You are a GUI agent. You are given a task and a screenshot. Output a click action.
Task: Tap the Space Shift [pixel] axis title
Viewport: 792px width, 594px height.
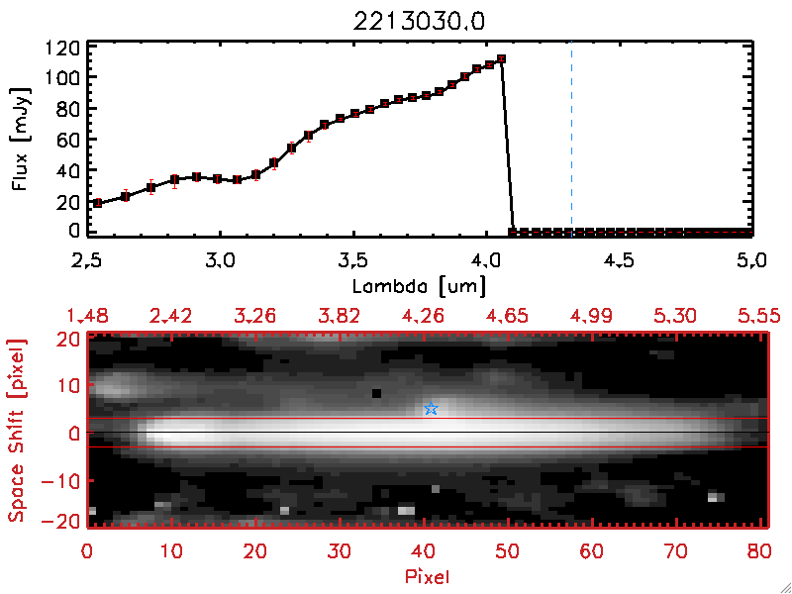point(15,430)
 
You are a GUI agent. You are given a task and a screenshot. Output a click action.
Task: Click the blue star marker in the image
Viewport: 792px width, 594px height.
point(431,409)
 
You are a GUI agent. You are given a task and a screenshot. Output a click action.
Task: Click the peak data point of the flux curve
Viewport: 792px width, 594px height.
point(502,59)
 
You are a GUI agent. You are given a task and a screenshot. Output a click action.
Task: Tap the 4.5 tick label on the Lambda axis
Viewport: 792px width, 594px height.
point(619,263)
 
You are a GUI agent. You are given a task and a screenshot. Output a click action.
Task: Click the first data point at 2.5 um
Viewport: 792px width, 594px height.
point(97,203)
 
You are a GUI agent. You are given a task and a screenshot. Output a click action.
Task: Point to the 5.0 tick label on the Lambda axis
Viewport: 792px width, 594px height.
point(752,263)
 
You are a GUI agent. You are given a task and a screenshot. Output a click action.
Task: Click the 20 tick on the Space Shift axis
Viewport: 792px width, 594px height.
point(67,339)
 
